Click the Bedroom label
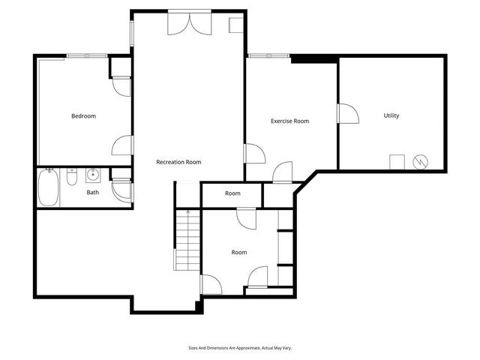[83, 115]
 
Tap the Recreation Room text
[178, 162]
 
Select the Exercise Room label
[289, 121]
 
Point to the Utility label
[391, 115]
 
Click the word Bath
[92, 192]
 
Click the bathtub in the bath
[49, 189]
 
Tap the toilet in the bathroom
[71, 178]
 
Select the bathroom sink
[93, 175]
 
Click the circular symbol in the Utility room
[421, 161]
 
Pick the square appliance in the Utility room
[396, 161]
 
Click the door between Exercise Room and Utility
[346, 115]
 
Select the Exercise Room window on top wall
[261, 55]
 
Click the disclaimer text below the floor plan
[240, 347]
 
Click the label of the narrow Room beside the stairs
[232, 193]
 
